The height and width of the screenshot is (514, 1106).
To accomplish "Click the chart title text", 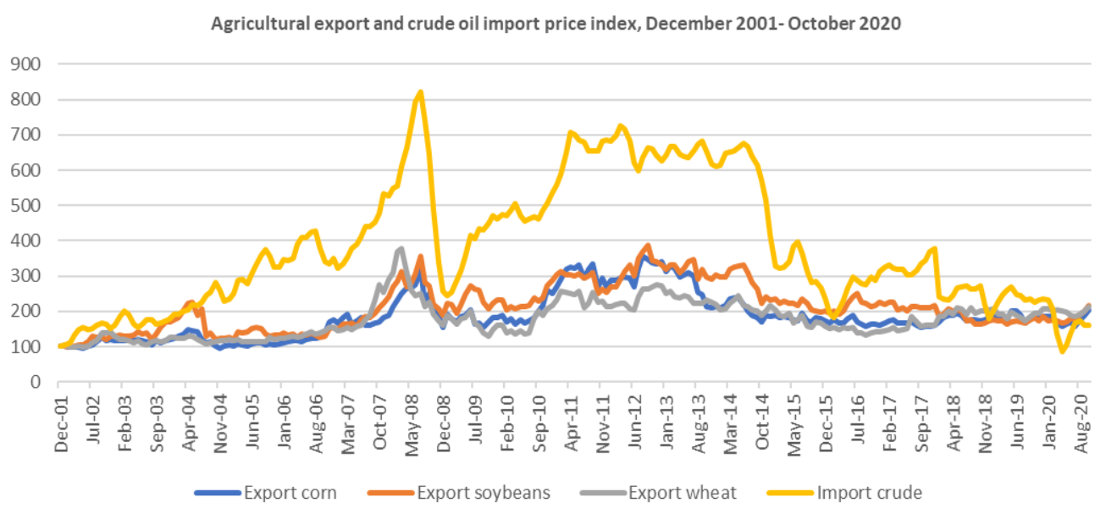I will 556,25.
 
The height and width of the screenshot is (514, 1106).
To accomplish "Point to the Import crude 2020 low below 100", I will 1062,351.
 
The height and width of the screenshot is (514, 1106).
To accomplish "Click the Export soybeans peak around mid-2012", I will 648,246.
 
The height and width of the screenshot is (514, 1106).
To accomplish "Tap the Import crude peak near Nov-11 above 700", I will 620,126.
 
